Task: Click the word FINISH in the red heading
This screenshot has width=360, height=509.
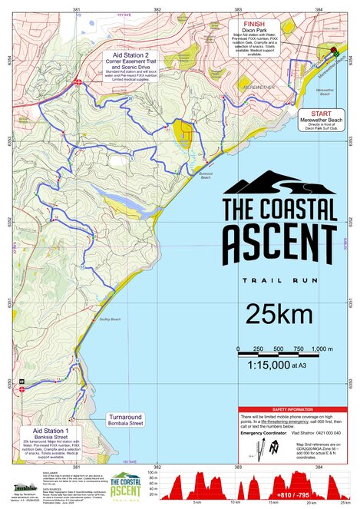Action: pyautogui.click(x=254, y=24)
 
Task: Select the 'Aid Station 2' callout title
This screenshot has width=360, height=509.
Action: pyautogui.click(x=128, y=55)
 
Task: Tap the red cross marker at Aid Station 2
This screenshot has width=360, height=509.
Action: pyautogui.click(x=78, y=82)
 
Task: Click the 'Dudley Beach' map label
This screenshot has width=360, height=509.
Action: pyautogui.click(x=111, y=319)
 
